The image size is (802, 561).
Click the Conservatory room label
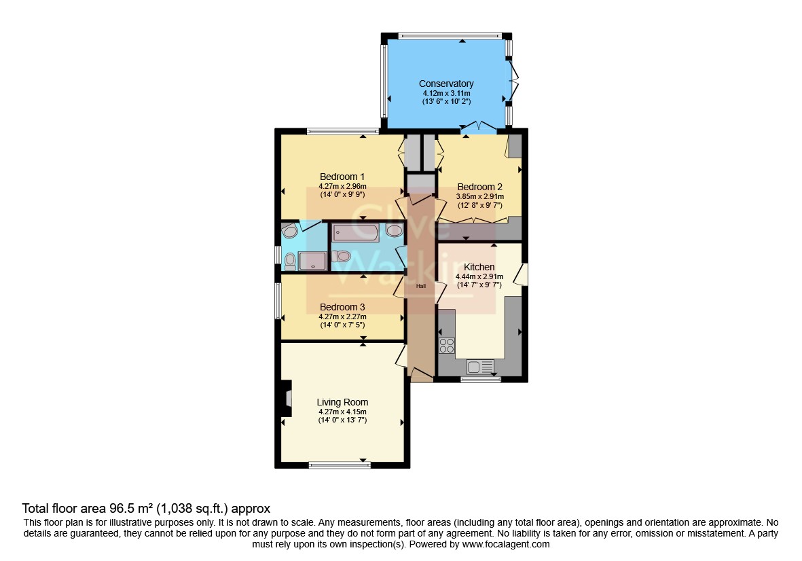click(446, 84)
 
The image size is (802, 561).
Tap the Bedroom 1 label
click(342, 177)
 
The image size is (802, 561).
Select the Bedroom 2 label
click(479, 187)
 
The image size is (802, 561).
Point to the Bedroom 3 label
click(342, 308)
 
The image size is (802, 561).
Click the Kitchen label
click(479, 267)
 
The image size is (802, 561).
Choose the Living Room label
click(342, 403)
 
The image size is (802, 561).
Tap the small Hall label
click(421, 286)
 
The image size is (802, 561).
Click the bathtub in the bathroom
click(355, 233)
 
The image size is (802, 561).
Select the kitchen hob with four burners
click(447, 346)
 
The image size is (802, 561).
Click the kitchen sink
click(479, 367)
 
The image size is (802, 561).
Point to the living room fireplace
click(287, 399)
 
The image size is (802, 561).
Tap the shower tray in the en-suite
click(312, 261)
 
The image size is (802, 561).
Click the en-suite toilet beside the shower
click(290, 262)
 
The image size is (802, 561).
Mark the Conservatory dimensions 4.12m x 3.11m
click(446, 93)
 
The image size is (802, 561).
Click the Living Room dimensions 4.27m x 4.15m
click(342, 412)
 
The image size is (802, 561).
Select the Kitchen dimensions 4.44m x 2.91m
click(479, 276)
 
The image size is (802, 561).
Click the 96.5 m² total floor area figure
click(132, 508)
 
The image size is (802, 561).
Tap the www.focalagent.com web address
click(506, 545)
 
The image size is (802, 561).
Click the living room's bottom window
click(340, 465)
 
